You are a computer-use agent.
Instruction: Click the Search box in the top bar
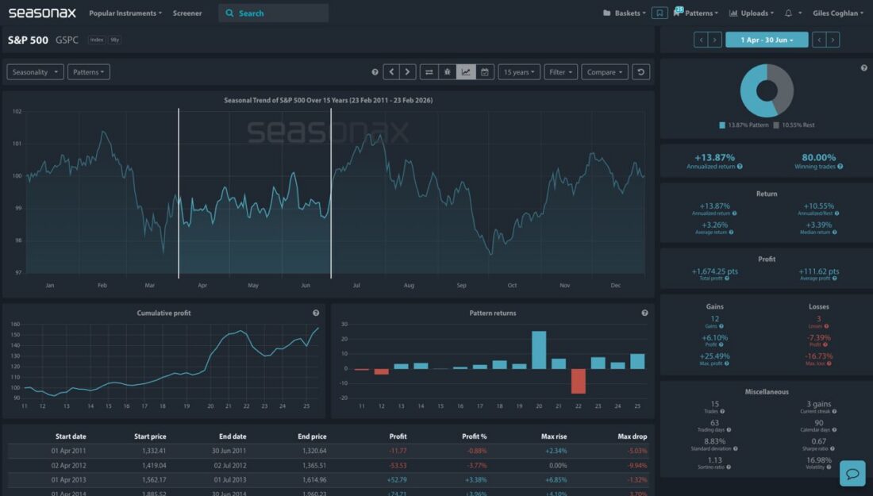[273, 13]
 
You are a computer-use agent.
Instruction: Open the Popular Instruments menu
[125, 13]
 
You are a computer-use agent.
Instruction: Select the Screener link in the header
[187, 13]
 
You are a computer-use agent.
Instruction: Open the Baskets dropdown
[624, 13]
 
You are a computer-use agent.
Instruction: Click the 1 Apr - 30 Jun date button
[766, 40]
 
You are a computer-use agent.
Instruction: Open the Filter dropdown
[561, 72]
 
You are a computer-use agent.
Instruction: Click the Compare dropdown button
[605, 72]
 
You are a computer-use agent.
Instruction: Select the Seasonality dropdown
[34, 72]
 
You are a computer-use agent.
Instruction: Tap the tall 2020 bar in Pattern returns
[539, 350]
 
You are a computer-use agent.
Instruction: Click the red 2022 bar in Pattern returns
[578, 381]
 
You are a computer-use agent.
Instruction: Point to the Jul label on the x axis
[357, 285]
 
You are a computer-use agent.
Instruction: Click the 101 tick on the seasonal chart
[17, 144]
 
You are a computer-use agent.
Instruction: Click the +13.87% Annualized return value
[714, 157]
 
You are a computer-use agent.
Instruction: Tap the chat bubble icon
[852, 474]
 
